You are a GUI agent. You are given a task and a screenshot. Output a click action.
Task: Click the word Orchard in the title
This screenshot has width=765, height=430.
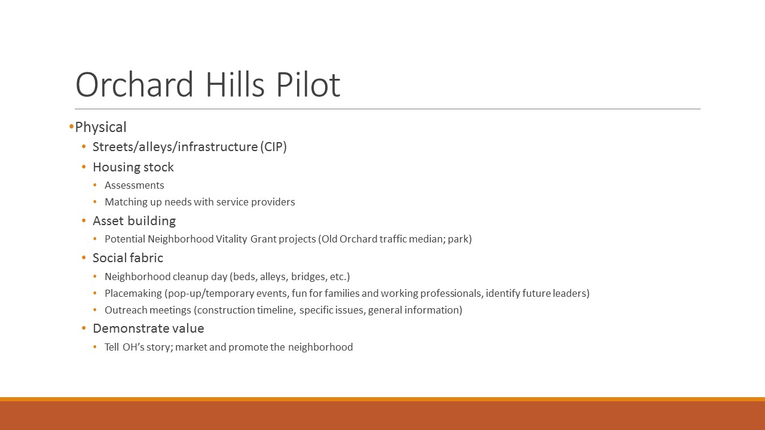pyautogui.click(x=134, y=84)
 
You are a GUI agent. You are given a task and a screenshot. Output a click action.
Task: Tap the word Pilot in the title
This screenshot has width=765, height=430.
pyautogui.click(x=308, y=84)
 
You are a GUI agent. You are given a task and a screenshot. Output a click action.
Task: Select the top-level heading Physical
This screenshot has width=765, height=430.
pyautogui.click(x=101, y=127)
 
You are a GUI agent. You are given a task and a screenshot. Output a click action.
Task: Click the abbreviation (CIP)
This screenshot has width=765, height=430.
pyautogui.click(x=273, y=147)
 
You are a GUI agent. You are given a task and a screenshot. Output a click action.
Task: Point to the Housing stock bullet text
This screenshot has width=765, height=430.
pyautogui.click(x=133, y=167)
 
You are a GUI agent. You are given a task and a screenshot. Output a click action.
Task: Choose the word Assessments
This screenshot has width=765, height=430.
pyautogui.click(x=134, y=185)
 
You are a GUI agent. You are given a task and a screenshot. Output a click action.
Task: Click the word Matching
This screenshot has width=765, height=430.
pyautogui.click(x=126, y=202)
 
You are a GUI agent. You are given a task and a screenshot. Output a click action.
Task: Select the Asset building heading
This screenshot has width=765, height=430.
pyautogui.click(x=134, y=221)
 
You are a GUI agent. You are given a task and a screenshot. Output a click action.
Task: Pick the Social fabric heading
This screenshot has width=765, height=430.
pyautogui.click(x=128, y=258)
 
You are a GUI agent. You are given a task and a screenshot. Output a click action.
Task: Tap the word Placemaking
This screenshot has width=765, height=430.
pyautogui.click(x=133, y=293)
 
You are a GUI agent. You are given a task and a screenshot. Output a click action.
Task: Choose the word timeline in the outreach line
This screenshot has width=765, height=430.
pyautogui.click(x=277, y=310)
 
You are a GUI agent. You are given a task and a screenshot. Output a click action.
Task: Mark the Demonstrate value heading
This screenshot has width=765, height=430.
pyautogui.click(x=149, y=328)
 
